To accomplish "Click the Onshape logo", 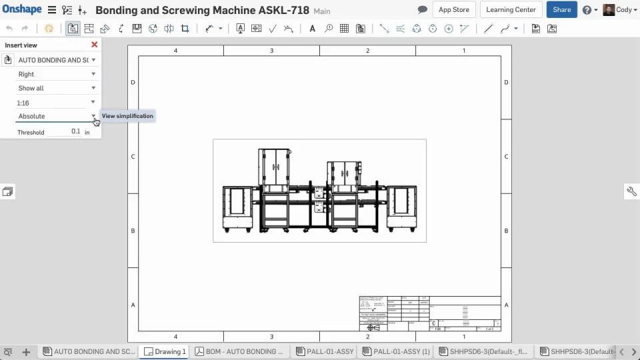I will [22, 10].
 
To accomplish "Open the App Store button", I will [453, 10].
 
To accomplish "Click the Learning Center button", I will [511, 10].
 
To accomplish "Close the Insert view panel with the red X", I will [94, 45].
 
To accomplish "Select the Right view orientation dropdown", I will [56, 74].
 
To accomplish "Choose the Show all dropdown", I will [56, 88].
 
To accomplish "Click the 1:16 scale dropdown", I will [56, 103].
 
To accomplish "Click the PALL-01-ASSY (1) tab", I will [396, 351].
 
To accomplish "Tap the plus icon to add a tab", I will [26, 352].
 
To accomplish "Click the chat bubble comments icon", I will [422, 10].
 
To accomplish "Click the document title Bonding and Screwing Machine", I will [202, 11].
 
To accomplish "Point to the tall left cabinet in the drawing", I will [274, 167].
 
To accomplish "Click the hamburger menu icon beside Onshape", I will [51, 10].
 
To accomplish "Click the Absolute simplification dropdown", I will [56, 116].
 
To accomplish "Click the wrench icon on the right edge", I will [631, 191].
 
